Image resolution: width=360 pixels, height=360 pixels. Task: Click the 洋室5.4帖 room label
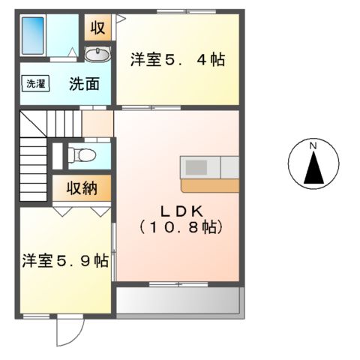(178, 60)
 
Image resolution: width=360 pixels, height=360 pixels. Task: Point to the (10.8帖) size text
(177, 225)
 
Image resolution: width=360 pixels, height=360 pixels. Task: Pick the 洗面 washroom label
(84, 84)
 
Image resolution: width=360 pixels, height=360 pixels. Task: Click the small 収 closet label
(97, 28)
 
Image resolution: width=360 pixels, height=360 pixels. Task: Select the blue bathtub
(33, 34)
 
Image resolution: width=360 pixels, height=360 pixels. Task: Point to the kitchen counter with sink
(209, 166)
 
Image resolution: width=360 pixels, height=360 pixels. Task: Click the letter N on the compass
(314, 145)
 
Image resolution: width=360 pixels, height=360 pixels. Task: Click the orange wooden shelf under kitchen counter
(209, 185)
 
